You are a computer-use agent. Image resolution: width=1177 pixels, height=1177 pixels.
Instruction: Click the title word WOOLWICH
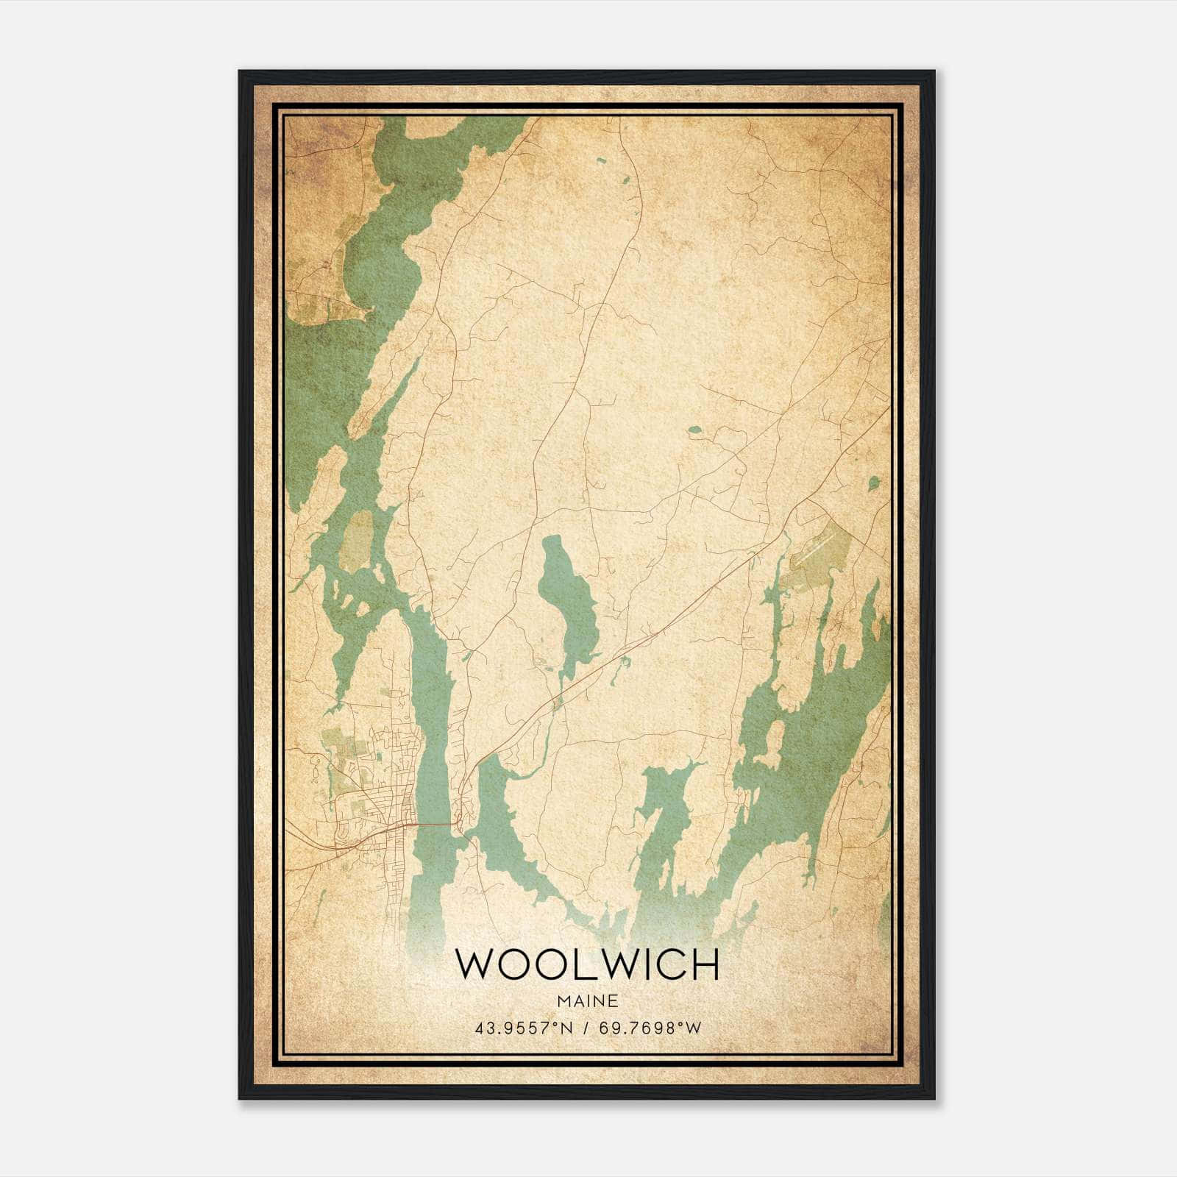587,964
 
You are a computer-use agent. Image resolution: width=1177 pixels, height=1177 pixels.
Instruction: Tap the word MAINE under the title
587,1001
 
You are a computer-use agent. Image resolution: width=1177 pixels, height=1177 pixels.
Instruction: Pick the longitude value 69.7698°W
651,1028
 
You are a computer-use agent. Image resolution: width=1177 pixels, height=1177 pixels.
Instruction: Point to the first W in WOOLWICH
474,964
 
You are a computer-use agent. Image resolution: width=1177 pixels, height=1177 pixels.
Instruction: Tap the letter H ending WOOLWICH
703,964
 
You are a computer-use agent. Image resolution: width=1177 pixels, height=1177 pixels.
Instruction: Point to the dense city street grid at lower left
375,794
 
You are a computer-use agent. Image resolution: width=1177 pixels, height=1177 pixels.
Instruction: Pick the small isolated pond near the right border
873,483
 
